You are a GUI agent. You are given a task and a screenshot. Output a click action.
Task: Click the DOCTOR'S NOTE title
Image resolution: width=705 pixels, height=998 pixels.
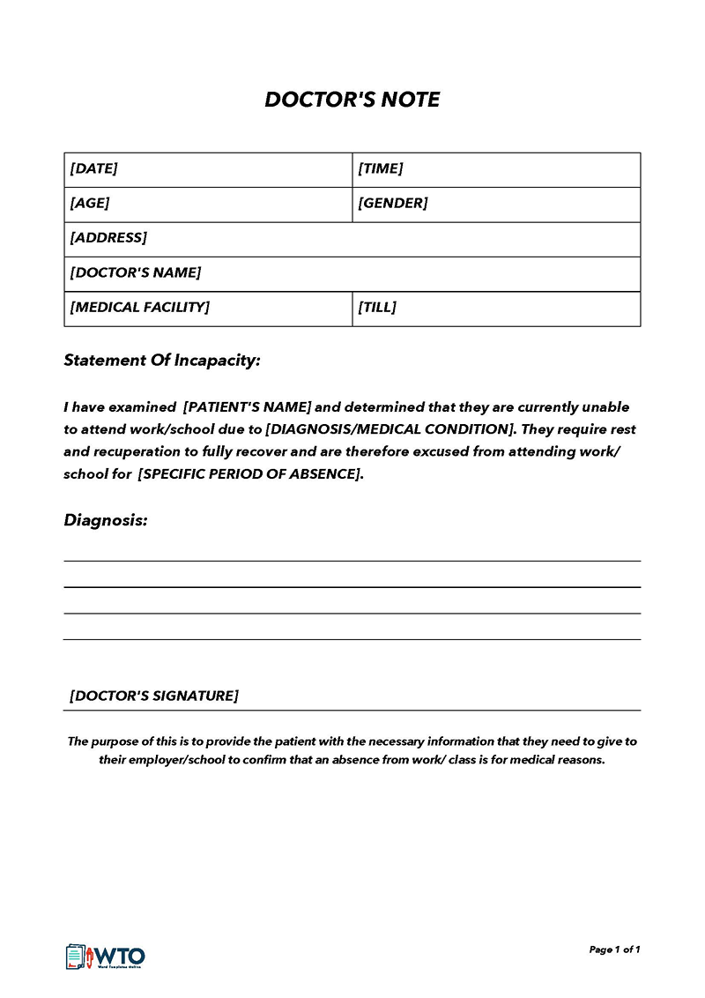(x=352, y=100)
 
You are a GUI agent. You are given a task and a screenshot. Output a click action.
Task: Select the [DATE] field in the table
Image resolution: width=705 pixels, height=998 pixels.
(x=93, y=168)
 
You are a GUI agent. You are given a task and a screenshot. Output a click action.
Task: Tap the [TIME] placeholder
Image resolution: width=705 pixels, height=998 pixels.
(x=380, y=168)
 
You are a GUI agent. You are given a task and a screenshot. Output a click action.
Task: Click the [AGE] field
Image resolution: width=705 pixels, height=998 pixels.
(x=90, y=203)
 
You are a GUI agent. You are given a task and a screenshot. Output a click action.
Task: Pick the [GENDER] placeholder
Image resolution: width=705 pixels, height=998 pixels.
(x=392, y=203)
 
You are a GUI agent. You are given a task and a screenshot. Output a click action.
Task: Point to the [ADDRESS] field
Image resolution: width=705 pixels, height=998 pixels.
(x=108, y=238)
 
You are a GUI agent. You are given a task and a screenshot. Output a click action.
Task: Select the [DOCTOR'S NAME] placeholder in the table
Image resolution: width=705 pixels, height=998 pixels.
(x=136, y=272)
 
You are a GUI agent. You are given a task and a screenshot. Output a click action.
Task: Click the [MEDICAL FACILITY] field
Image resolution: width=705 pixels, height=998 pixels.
(x=140, y=308)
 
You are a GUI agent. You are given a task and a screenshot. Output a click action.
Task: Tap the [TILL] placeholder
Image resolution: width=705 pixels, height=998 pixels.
(x=377, y=308)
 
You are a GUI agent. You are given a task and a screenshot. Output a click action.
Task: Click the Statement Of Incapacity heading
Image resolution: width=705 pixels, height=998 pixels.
(x=162, y=361)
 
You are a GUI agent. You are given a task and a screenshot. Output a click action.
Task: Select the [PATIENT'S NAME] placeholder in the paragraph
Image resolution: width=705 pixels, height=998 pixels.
(x=248, y=407)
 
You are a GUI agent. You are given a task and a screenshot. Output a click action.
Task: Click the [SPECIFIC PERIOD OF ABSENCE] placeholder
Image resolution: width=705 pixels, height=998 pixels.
(x=249, y=473)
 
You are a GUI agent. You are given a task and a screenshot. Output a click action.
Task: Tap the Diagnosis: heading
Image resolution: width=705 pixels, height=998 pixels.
(x=106, y=520)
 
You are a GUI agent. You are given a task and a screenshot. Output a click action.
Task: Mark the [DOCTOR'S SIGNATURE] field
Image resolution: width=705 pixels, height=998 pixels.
(x=154, y=696)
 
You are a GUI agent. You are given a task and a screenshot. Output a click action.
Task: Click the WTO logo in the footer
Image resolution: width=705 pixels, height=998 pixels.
(x=106, y=956)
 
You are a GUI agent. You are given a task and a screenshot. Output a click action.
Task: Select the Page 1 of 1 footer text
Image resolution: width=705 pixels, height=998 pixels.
(x=614, y=950)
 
